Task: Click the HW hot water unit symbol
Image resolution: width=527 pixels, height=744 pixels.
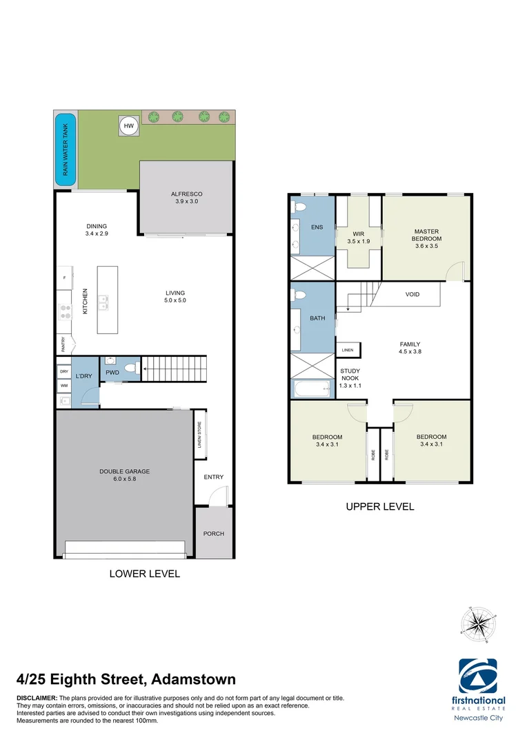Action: tap(128, 125)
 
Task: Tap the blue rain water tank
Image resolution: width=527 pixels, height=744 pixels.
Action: tap(66, 149)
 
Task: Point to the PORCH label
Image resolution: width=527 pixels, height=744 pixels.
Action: tap(213, 534)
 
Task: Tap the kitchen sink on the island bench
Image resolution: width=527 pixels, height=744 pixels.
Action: tap(105, 300)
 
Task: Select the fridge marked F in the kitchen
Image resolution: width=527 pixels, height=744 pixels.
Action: tap(64, 277)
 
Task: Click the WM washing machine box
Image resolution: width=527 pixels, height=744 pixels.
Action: tap(64, 386)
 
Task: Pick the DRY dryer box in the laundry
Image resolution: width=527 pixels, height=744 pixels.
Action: tap(64, 371)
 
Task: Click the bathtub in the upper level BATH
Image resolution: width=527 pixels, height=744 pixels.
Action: tap(312, 390)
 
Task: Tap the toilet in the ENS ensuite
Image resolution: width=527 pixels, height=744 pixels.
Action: tap(299, 207)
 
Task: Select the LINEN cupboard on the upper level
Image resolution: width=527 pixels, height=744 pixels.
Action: tap(347, 350)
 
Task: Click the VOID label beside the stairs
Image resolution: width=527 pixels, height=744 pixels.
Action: tap(412, 294)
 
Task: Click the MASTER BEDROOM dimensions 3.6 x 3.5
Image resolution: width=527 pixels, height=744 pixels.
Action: tap(426, 245)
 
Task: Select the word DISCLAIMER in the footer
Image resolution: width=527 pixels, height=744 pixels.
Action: tap(37, 699)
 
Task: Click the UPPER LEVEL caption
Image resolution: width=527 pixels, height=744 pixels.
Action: tap(380, 506)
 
